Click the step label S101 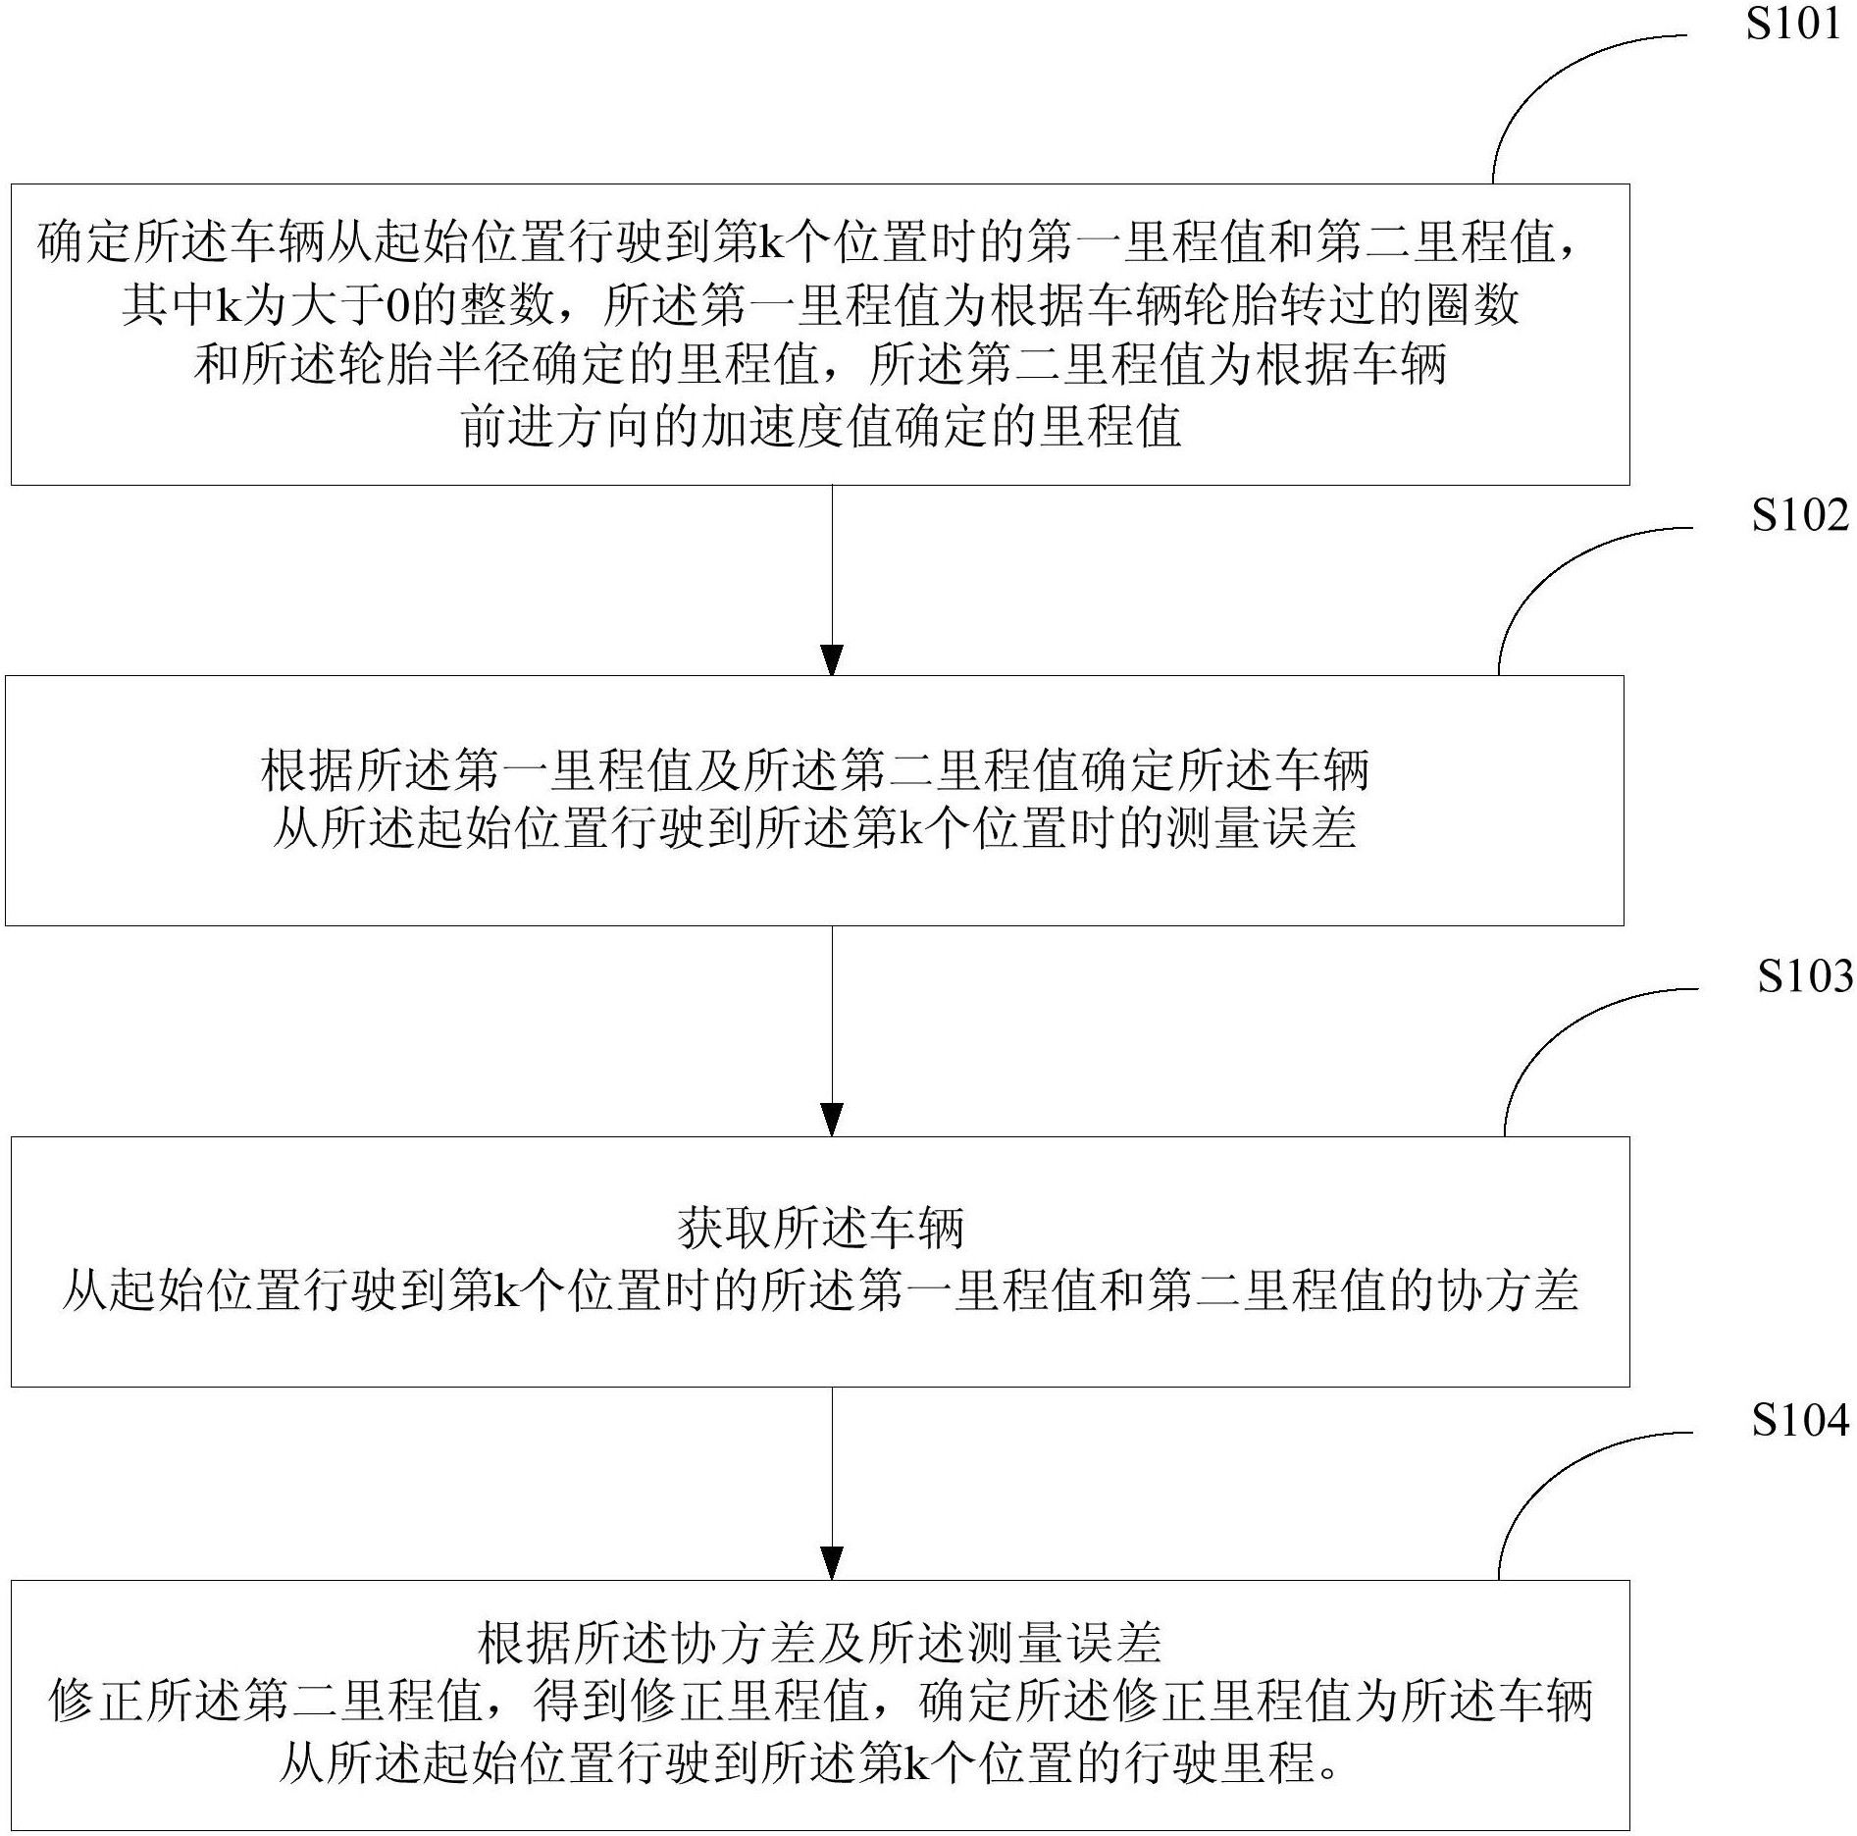click(1793, 23)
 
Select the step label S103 click(1804, 975)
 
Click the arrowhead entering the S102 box click(832, 660)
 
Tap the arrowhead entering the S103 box click(832, 1121)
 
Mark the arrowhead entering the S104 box click(832, 1564)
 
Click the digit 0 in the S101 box click(398, 306)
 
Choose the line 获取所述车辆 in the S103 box click(821, 1228)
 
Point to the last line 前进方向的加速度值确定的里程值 click(821, 426)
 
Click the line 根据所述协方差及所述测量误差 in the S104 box click(820, 1642)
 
